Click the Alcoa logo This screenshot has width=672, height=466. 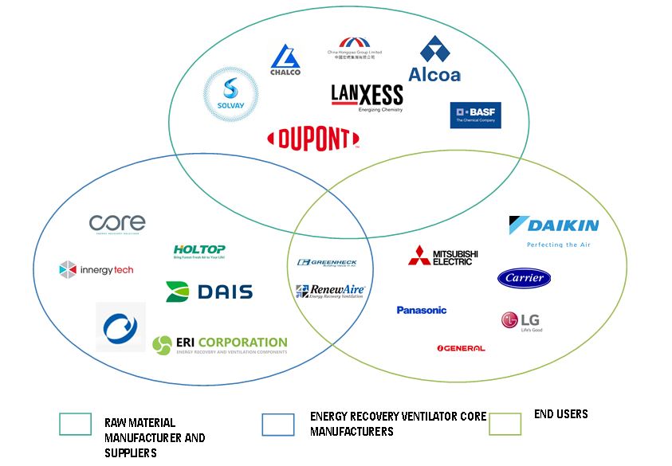click(434, 60)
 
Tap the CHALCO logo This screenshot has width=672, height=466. click(285, 61)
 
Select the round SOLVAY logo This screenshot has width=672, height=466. click(231, 96)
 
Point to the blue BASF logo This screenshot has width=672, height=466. click(475, 116)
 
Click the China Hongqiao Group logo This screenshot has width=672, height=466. click(354, 48)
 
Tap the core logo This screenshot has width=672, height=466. click(117, 224)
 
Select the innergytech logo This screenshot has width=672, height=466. click(96, 269)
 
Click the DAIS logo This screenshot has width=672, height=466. click(209, 292)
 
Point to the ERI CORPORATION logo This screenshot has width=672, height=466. click(220, 344)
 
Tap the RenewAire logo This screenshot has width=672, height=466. click(329, 292)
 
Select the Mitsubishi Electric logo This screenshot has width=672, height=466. click(443, 256)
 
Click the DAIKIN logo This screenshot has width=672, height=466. click(553, 229)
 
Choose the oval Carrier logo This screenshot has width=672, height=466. click(524, 278)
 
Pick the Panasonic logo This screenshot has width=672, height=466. click(422, 310)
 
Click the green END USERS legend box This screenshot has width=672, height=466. click(505, 424)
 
